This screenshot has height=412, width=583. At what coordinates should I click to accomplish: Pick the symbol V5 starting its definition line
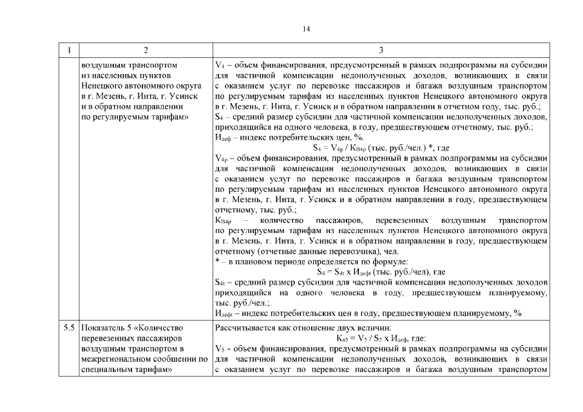tap(219, 350)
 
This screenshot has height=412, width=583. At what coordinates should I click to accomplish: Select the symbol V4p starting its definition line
tap(221, 156)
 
